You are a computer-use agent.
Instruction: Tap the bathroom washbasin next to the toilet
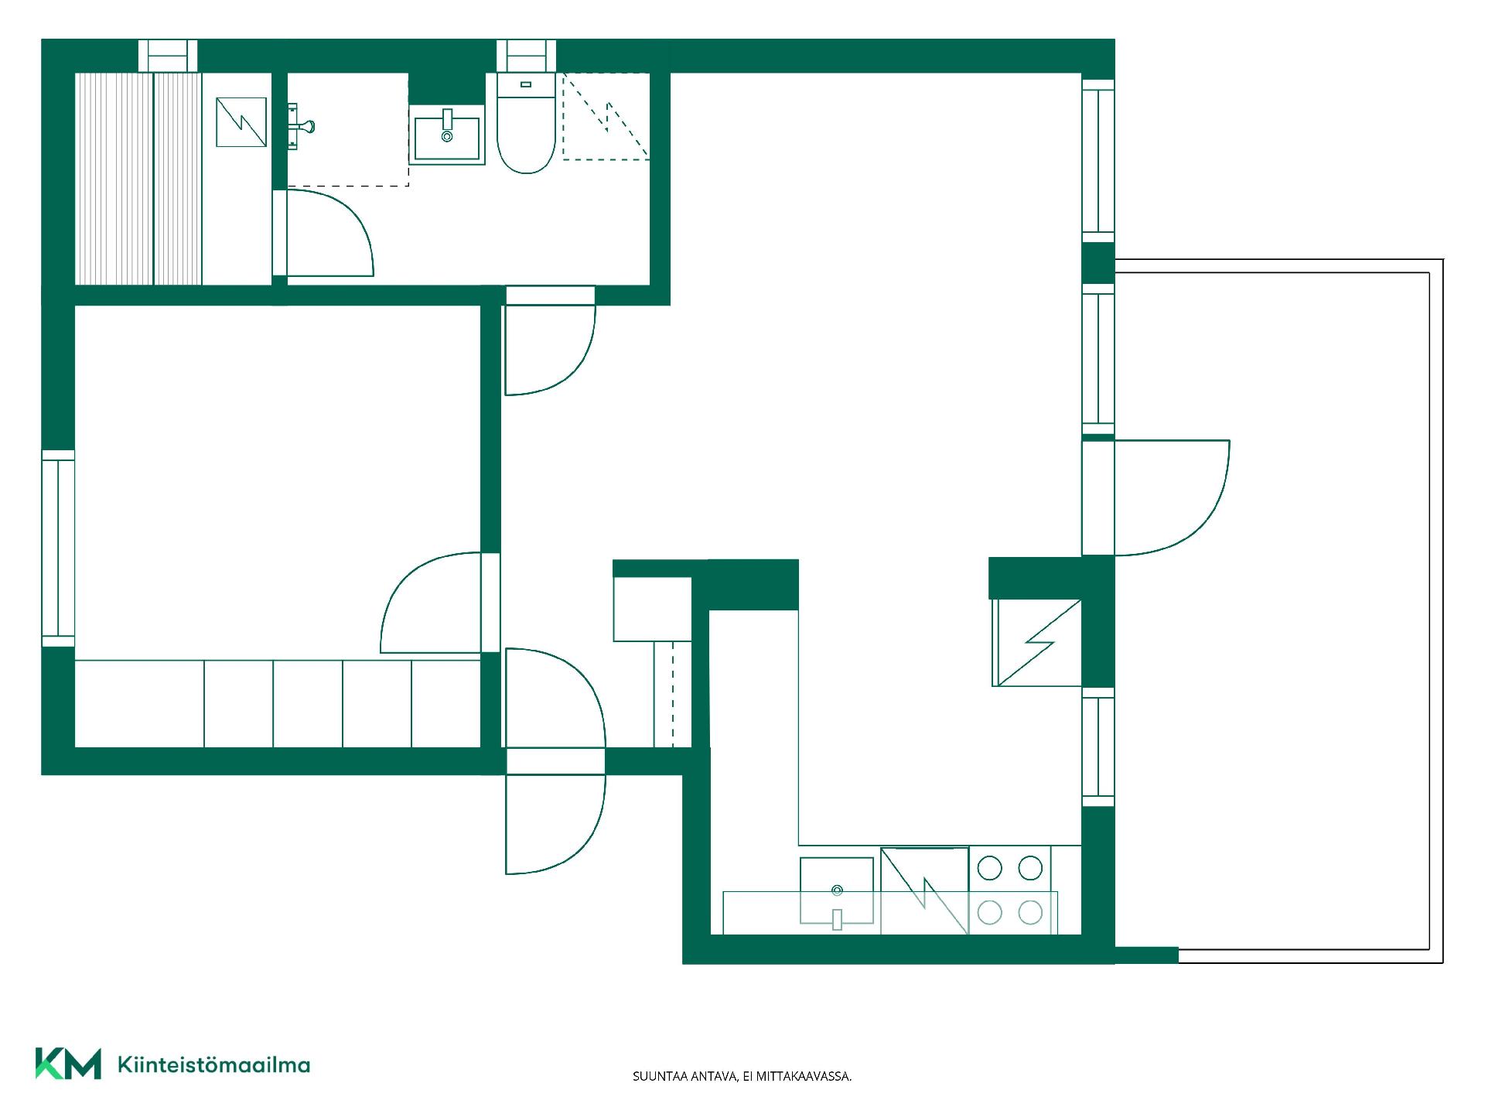pos(446,136)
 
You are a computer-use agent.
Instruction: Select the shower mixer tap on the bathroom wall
pos(301,125)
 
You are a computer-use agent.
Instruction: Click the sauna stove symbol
pos(241,122)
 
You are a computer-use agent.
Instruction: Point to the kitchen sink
pos(837,891)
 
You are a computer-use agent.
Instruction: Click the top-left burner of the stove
pos(989,868)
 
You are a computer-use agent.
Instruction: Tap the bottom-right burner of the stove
pos(1030,913)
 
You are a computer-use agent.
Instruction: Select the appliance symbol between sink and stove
pos(925,891)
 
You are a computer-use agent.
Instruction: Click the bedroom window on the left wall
pos(58,548)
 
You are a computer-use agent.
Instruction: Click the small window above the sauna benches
pos(168,56)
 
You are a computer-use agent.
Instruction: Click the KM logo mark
pos(68,1064)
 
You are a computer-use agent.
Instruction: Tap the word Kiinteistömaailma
pos(213,1064)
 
